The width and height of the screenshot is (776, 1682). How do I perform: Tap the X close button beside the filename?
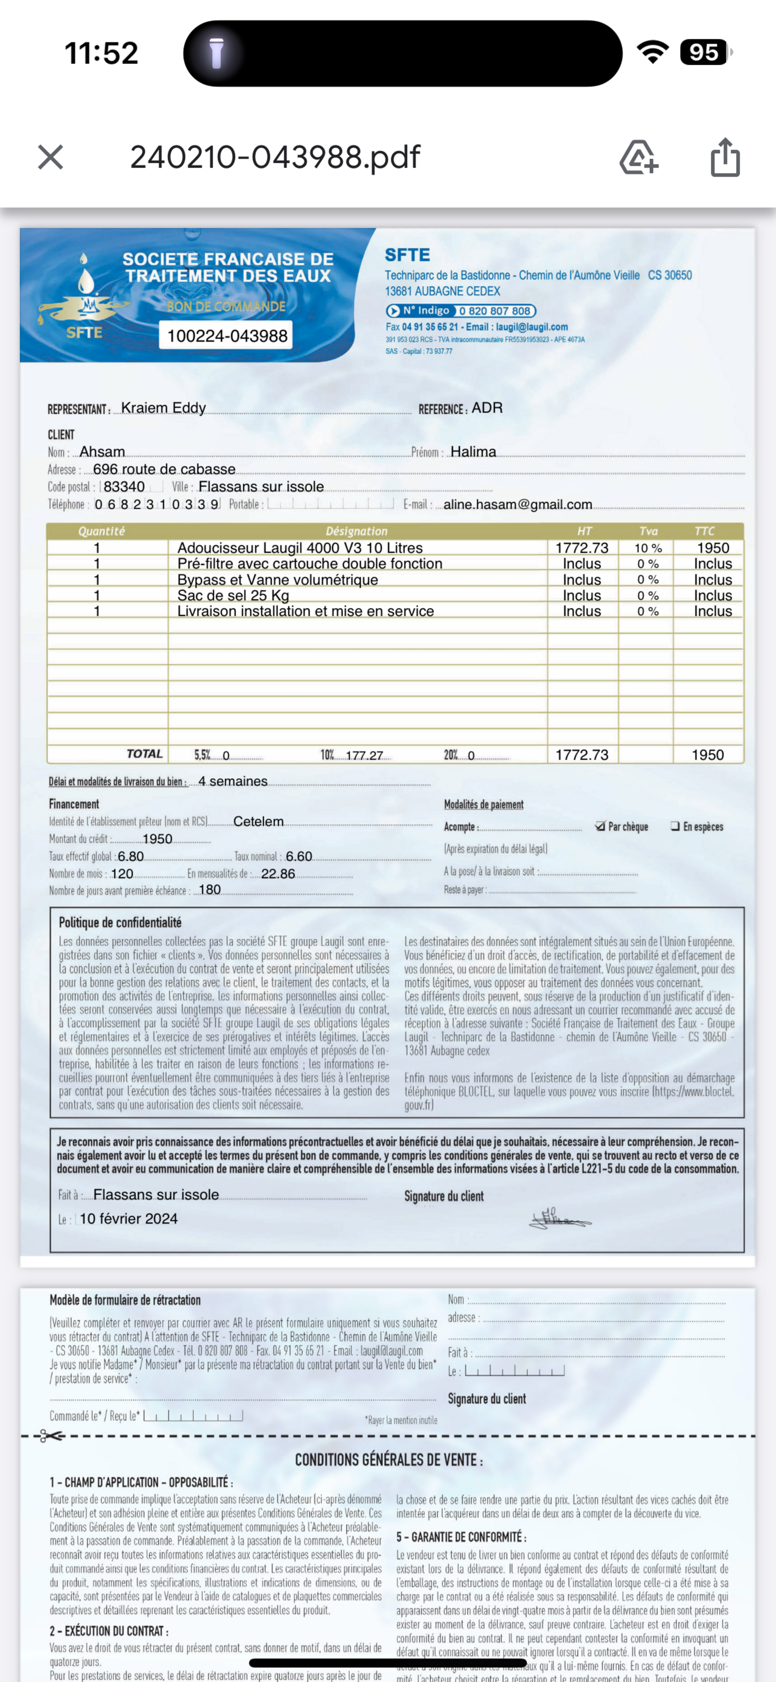pyautogui.click(x=50, y=158)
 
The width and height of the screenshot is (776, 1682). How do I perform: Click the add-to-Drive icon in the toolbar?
pyautogui.click(x=638, y=158)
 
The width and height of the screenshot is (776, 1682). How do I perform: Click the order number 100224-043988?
pyautogui.click(x=227, y=336)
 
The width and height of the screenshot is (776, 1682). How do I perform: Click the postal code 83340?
pyautogui.click(x=124, y=487)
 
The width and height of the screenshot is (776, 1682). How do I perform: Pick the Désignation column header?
pyautogui.click(x=357, y=531)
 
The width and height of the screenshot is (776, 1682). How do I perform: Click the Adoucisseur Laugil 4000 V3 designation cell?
pyautogui.click(x=300, y=548)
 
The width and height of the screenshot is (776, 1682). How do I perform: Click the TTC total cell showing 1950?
pyautogui.click(x=707, y=755)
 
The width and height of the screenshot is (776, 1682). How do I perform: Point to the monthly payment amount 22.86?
pyautogui.click(x=278, y=874)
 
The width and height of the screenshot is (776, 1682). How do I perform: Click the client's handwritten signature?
pyautogui.click(x=558, y=1218)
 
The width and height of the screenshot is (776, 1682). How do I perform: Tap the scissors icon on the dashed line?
pyautogui.click(x=51, y=1436)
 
